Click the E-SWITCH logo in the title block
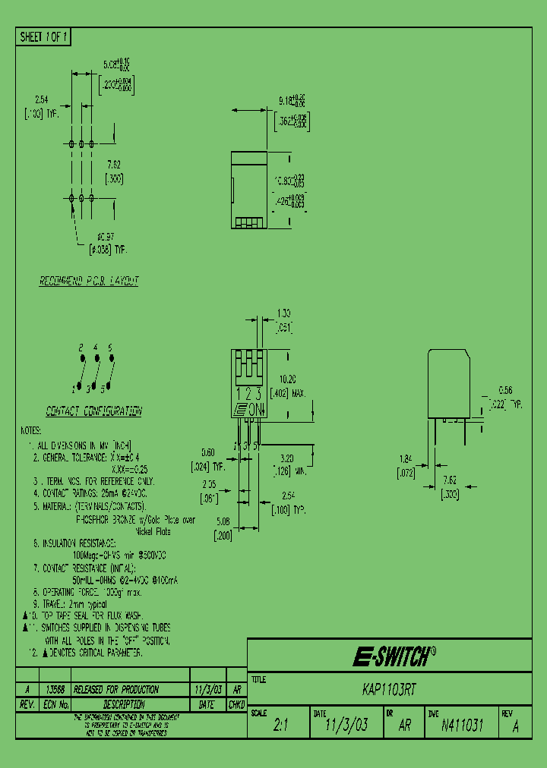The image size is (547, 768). point(394,656)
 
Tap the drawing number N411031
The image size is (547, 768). point(462,725)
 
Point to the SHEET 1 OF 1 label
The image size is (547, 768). point(44,36)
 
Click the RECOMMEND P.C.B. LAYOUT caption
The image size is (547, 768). point(89,281)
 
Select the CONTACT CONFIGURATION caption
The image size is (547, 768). point(93,411)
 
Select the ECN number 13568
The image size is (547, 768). point(55,690)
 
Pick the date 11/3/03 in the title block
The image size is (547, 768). point(346,726)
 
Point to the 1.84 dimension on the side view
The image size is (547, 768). point(406,459)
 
